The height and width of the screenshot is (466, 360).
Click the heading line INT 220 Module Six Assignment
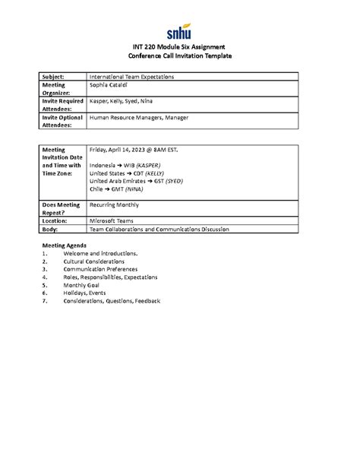click(179, 49)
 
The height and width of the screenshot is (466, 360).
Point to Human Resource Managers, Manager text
click(139, 118)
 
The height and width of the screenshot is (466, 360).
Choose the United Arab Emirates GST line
click(136, 181)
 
